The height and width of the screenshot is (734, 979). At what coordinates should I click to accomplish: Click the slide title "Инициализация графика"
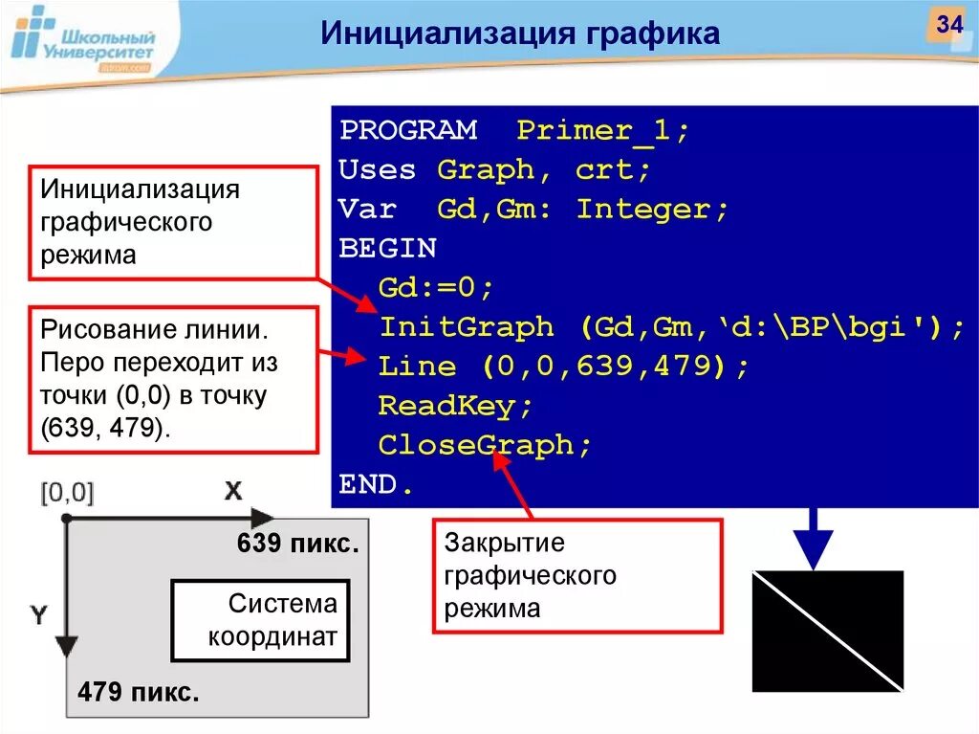pyautogui.click(x=520, y=34)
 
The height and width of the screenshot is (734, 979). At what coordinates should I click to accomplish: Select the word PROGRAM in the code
pyautogui.click(x=408, y=131)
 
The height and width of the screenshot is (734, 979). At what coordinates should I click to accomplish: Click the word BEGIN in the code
pyautogui.click(x=387, y=249)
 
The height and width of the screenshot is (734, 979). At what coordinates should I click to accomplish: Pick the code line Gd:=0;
pyautogui.click(x=435, y=288)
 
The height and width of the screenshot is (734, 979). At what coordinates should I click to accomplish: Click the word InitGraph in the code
pyautogui.click(x=467, y=327)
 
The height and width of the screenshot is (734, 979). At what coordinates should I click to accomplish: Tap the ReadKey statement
pyautogui.click(x=455, y=406)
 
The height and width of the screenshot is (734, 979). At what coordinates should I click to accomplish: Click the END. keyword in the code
pyautogui.click(x=377, y=485)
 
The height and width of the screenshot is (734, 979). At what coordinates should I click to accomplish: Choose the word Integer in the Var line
pyautogui.click(x=652, y=210)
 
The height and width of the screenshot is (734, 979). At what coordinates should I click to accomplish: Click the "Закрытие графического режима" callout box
pyautogui.click(x=577, y=576)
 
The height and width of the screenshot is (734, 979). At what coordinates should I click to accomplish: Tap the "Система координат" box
pyautogui.click(x=260, y=620)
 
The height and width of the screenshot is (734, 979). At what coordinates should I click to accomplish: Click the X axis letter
pyautogui.click(x=233, y=491)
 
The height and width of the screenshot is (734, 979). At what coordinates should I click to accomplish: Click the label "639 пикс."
pyautogui.click(x=297, y=545)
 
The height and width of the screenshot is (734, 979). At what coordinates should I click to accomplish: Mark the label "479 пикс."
pyautogui.click(x=139, y=692)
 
